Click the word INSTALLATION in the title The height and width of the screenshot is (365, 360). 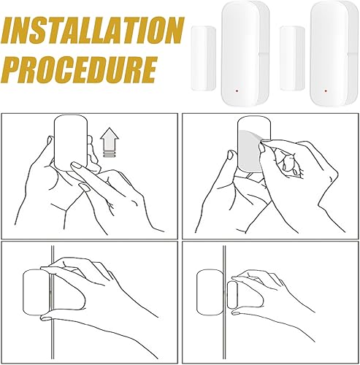click(x=92, y=30)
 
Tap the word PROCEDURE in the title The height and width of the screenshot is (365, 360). click(x=80, y=70)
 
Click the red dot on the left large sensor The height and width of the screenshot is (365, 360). click(x=237, y=91)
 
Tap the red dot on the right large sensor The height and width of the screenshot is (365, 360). click(x=326, y=91)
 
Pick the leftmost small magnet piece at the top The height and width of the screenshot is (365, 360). click(x=204, y=58)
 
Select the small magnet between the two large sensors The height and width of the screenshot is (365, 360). click(x=292, y=58)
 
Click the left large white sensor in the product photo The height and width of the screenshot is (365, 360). click(x=245, y=54)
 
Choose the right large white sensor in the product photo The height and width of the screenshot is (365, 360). click(x=334, y=54)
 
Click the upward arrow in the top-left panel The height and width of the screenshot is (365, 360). click(x=110, y=139)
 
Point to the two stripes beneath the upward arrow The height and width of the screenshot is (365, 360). click(x=109, y=154)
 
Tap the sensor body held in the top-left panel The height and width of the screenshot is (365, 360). click(x=71, y=143)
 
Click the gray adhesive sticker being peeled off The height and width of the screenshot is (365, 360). click(x=250, y=151)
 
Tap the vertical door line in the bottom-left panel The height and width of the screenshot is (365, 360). click(x=52, y=302)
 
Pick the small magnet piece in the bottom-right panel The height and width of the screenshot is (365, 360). click(x=232, y=295)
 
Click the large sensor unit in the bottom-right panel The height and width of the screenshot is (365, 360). click(x=210, y=292)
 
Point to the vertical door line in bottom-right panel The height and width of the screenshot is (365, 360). click(x=224, y=302)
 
